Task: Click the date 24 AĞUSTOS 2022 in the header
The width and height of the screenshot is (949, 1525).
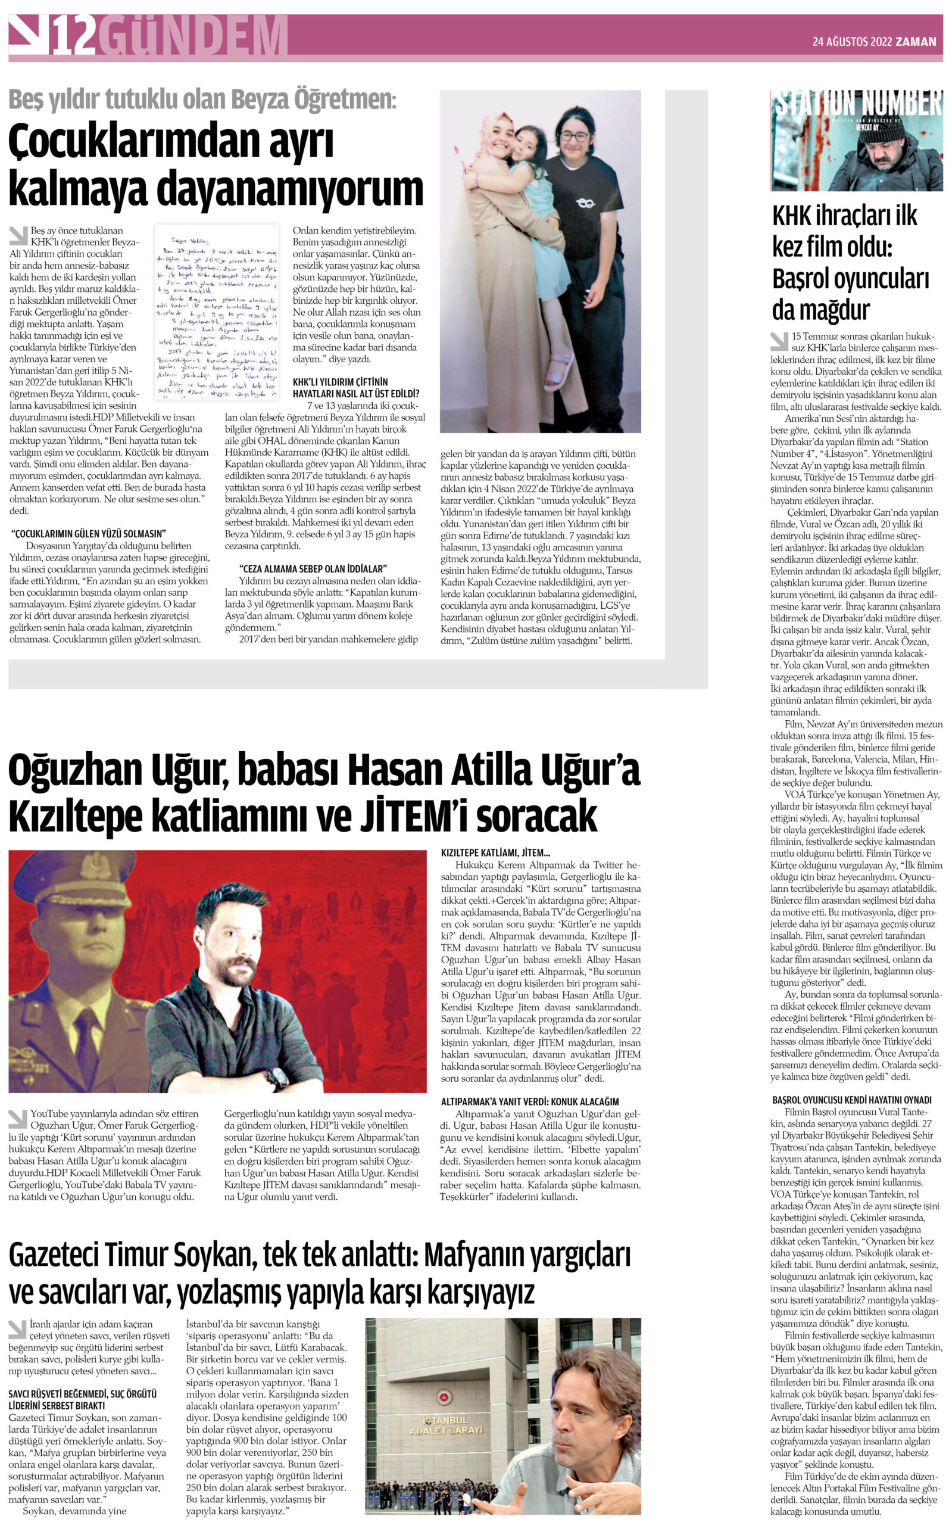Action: click(852, 42)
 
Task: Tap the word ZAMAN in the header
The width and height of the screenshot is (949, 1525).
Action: click(916, 42)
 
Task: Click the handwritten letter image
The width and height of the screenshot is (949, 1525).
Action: click(217, 312)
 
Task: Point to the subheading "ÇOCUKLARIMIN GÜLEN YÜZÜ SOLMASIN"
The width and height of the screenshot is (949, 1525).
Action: click(89, 534)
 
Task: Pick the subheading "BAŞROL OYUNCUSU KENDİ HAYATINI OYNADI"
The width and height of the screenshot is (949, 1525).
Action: click(852, 1100)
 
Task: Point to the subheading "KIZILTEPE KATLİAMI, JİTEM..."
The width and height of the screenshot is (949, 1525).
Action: click(495, 852)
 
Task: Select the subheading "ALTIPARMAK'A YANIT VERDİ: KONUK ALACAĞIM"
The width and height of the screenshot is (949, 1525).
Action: click(530, 1101)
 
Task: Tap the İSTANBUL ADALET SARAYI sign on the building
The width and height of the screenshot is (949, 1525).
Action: click(446, 1424)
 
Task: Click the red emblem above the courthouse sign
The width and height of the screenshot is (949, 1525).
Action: click(444, 1397)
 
